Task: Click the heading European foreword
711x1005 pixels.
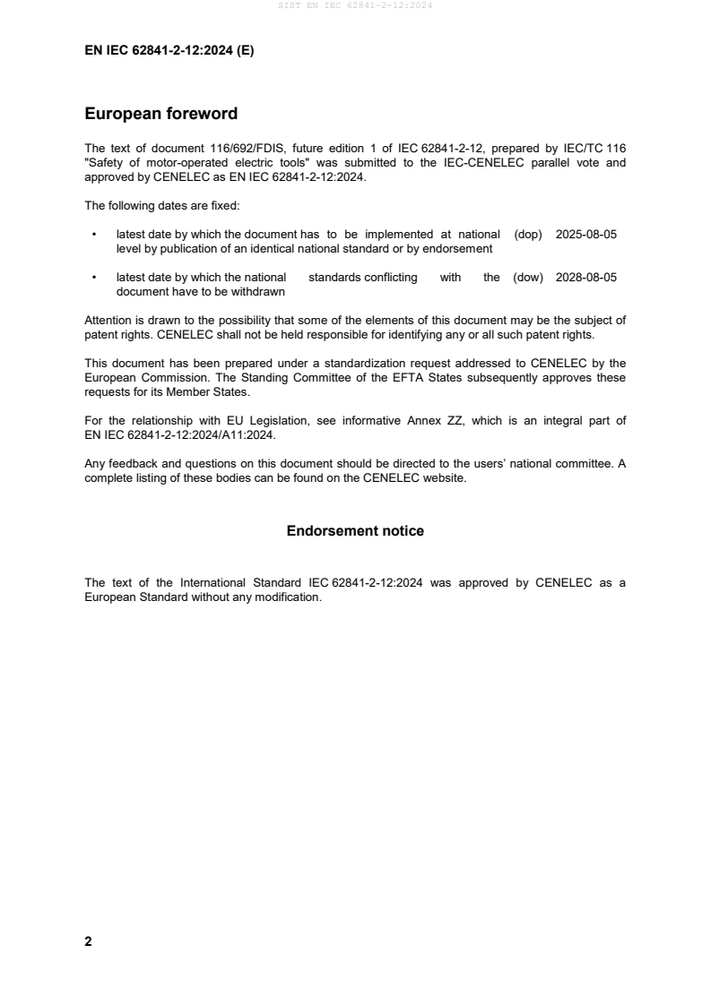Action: point(160,114)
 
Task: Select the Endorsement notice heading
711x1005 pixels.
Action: point(355,531)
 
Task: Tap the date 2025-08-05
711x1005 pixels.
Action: point(586,235)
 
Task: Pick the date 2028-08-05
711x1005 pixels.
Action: point(586,278)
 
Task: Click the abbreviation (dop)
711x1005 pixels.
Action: point(528,235)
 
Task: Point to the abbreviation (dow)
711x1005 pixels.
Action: point(528,278)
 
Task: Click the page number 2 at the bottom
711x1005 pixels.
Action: point(88,941)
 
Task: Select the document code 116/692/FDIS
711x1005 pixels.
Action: point(224,146)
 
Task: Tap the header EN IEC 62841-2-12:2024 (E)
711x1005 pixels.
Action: point(169,51)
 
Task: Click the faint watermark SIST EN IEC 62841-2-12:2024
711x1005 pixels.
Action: point(355,6)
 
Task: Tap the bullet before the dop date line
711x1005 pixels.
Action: point(95,235)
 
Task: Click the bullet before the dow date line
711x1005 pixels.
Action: point(95,278)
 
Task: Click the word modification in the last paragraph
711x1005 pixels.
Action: point(289,597)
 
